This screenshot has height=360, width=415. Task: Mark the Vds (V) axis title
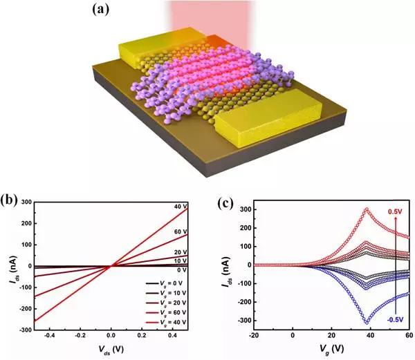tap(111, 352)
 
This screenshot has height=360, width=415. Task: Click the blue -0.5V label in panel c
tap(396, 320)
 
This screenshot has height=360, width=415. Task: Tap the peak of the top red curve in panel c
tap(367, 209)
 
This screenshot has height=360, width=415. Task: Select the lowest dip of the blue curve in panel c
tap(367, 322)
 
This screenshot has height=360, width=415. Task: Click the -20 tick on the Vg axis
tap(255, 336)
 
